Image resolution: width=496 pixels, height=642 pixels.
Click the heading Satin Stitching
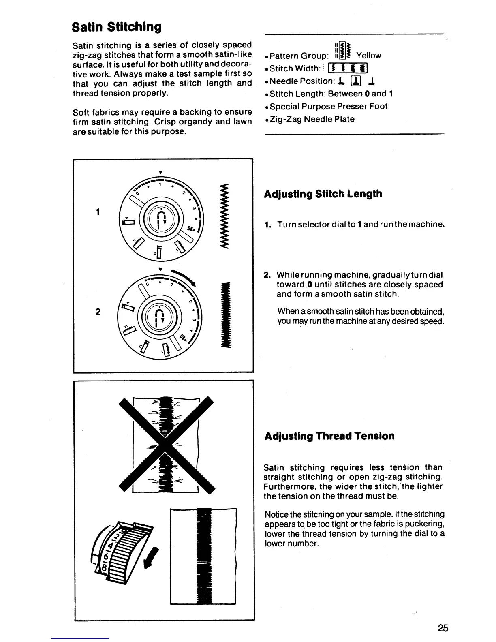pos(116,27)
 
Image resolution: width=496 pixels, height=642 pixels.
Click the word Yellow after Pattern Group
pos(368,56)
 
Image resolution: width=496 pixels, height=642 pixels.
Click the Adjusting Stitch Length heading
pos(323,194)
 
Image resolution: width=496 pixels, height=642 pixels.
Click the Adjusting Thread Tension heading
pos(329,436)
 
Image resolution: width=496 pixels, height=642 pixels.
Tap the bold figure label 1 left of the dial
pos(98,212)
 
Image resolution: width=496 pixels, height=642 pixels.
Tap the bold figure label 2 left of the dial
pos(98,312)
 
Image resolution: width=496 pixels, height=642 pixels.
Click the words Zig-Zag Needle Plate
pos(312,119)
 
